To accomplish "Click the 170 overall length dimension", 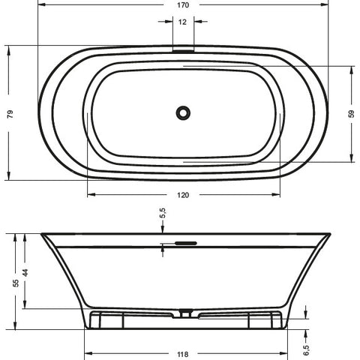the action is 183,5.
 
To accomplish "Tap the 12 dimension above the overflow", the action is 182,22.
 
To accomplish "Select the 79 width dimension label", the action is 10,114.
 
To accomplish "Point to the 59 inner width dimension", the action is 352,114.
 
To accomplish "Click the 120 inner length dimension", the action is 183,195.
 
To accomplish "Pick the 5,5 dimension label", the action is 163,213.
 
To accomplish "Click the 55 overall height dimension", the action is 16,283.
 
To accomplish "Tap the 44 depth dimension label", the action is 25,272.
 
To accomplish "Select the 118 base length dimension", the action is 183,354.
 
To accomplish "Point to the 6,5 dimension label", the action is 306,350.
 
